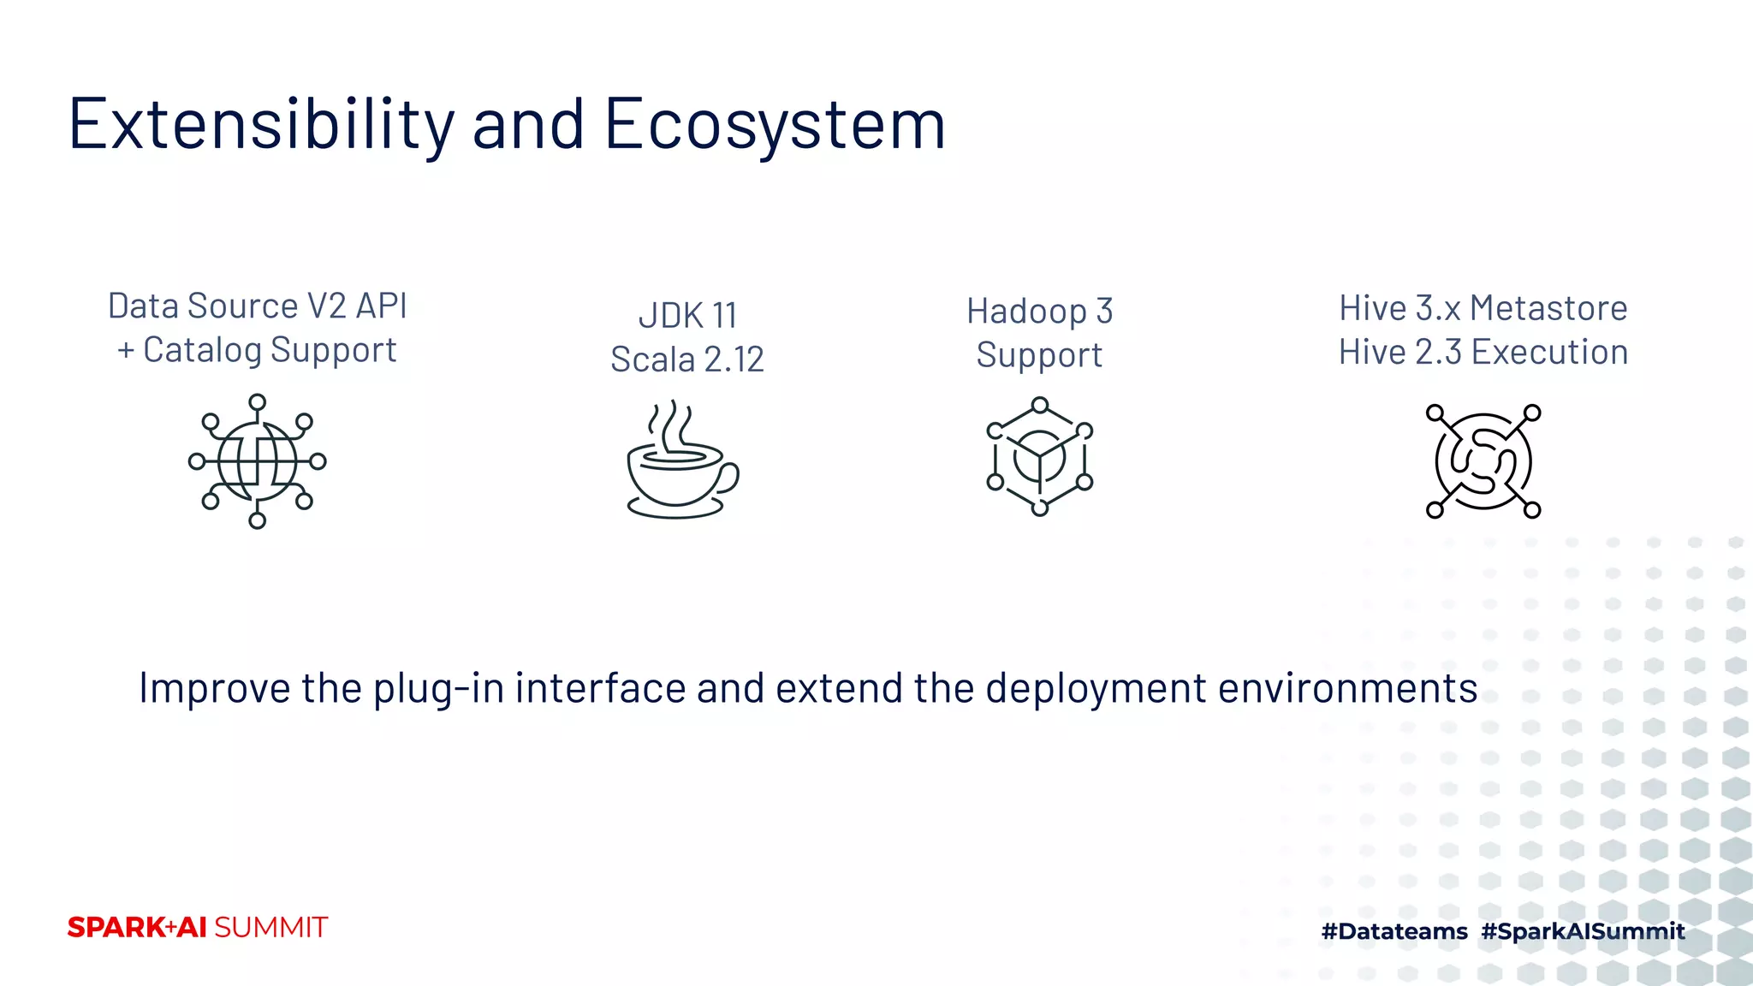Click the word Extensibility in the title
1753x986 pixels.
260,125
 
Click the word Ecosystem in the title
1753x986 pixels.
775,125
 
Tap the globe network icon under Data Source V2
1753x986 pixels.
257,461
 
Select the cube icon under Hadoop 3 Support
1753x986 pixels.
1039,456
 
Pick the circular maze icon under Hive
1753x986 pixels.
1483,461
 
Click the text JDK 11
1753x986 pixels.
687,316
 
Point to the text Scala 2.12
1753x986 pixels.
686,359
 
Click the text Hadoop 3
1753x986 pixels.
1039,312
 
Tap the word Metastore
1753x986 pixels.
1548,308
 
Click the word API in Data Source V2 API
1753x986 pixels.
381,306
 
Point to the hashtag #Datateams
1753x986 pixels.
1393,931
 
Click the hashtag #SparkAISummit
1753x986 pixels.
1583,931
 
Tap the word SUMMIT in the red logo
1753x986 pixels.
270,928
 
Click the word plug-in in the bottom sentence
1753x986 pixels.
438,688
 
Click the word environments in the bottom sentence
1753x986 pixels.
1347,688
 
